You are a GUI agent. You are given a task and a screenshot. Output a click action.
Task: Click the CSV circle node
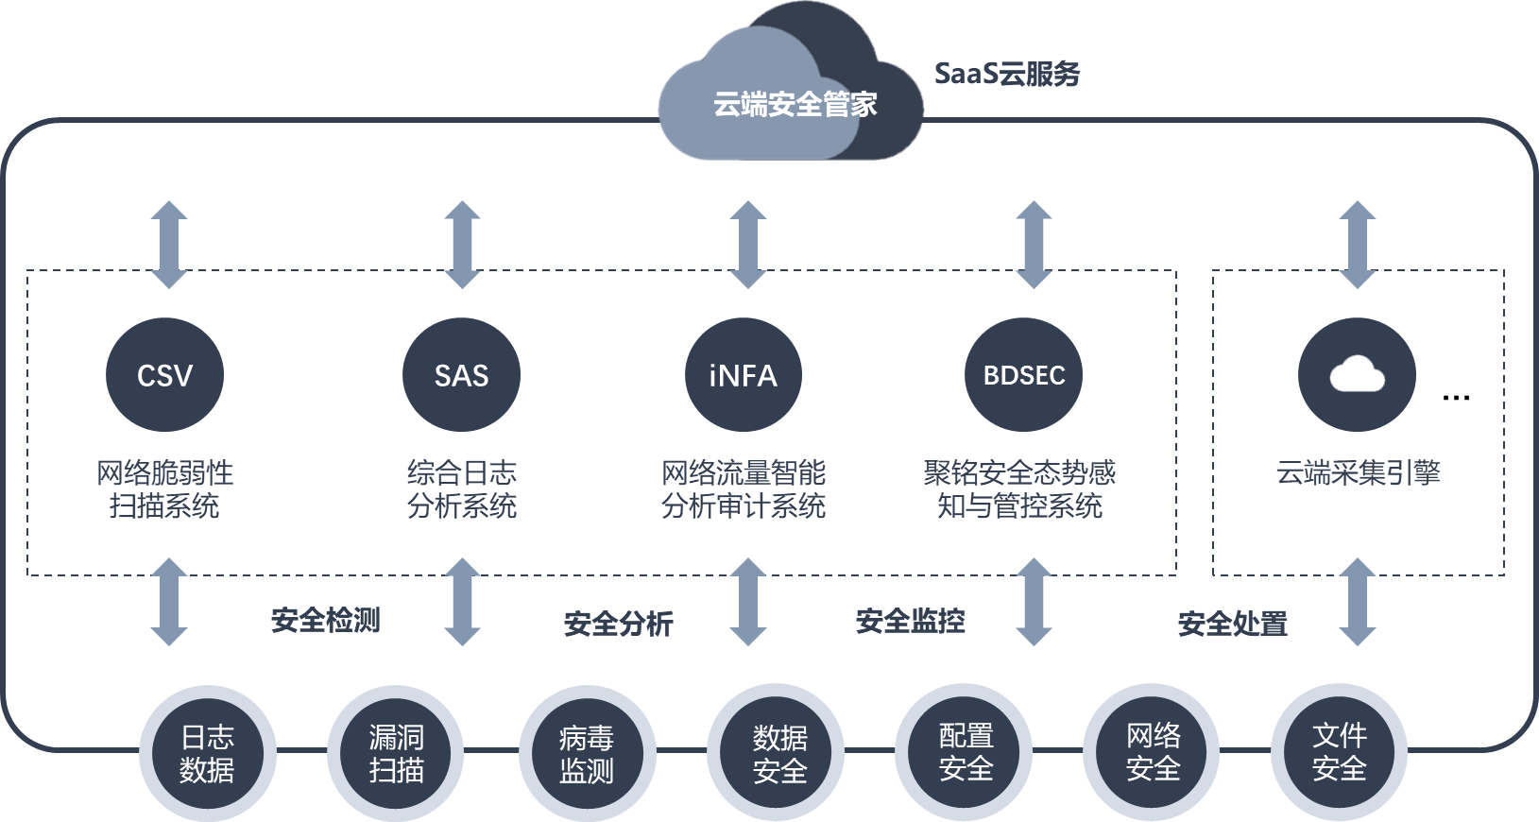164,375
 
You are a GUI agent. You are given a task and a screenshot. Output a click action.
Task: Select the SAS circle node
461,375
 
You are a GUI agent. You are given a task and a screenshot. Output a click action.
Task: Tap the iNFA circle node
743,375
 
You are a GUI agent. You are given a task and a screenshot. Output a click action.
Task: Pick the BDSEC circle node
1024,375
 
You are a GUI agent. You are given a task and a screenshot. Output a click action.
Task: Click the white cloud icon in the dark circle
1357,375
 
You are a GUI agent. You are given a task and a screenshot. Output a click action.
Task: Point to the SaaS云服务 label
1006,75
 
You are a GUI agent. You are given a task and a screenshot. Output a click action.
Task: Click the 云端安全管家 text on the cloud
795,104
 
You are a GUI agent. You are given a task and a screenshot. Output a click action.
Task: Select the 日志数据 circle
207,753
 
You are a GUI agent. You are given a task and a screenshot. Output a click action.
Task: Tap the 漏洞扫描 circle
396,753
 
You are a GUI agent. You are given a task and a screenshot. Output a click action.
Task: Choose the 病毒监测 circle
586,753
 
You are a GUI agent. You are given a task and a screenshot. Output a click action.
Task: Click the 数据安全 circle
779,753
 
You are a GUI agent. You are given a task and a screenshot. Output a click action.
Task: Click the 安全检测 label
325,621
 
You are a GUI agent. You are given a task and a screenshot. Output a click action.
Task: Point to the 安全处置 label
1232,624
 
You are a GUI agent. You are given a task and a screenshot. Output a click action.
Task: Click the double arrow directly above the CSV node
169,244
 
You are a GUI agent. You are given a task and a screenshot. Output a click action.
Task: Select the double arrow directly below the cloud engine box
1357,602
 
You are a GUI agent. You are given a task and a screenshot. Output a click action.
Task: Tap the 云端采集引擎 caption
1358,472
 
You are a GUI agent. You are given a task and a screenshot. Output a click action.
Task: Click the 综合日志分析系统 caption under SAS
462,488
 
